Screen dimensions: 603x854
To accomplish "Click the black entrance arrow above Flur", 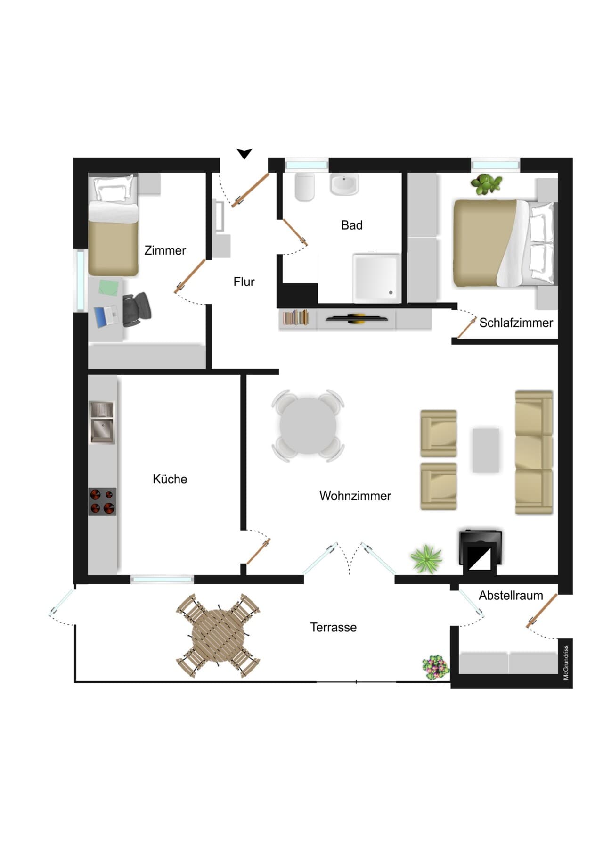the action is (x=244, y=154).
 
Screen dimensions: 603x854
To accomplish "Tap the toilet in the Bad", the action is (x=304, y=187).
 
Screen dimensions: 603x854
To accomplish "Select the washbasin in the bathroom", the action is (x=344, y=184).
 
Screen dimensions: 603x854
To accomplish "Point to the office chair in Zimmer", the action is (x=137, y=309).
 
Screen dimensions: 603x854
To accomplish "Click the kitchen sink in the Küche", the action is (x=102, y=423).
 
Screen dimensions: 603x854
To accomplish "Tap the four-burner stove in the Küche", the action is (x=102, y=501).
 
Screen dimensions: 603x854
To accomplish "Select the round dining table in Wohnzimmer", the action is (x=308, y=425).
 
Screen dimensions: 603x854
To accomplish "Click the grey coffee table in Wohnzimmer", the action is (x=486, y=450).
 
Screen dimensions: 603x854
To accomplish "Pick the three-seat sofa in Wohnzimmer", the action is (x=534, y=452).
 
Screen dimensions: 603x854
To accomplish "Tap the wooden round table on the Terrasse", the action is (x=219, y=637).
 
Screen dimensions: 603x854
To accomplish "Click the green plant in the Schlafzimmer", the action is (x=487, y=184).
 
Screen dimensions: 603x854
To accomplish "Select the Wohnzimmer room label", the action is (x=355, y=496).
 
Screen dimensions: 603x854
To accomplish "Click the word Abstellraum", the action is (x=511, y=596).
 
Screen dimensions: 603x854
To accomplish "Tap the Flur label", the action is (x=244, y=282).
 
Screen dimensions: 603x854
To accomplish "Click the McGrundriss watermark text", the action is (x=566, y=663).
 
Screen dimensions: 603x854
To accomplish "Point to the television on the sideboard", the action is (x=357, y=319).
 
